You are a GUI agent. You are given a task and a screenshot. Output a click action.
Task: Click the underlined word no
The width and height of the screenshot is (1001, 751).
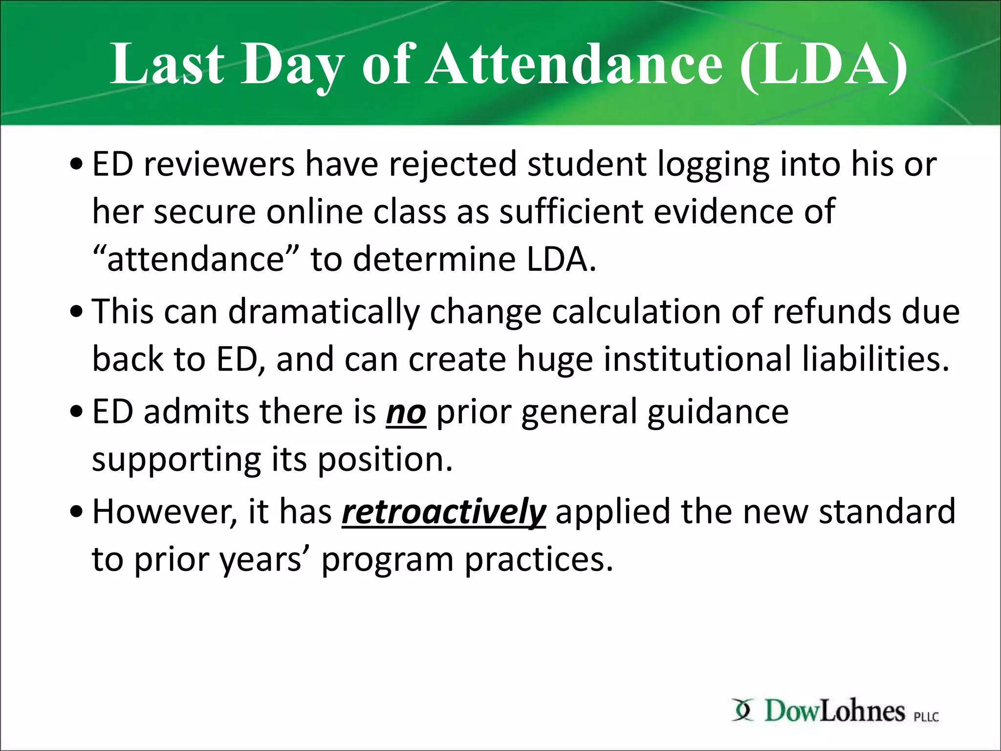point(406,412)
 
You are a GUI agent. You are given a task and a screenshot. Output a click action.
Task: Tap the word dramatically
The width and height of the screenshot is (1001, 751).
point(324,311)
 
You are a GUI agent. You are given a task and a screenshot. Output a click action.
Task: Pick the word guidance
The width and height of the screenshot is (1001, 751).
point(718,412)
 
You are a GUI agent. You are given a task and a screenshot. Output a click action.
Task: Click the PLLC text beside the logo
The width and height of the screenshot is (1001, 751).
point(926,717)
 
